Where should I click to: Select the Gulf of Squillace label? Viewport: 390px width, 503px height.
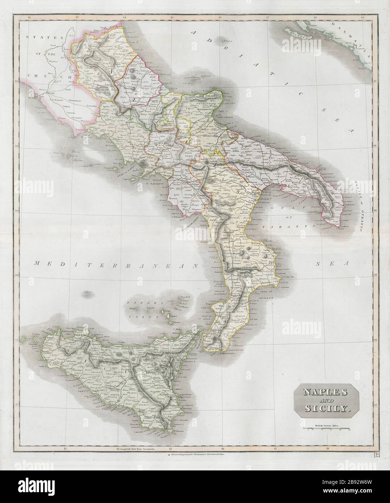click(262, 294)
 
